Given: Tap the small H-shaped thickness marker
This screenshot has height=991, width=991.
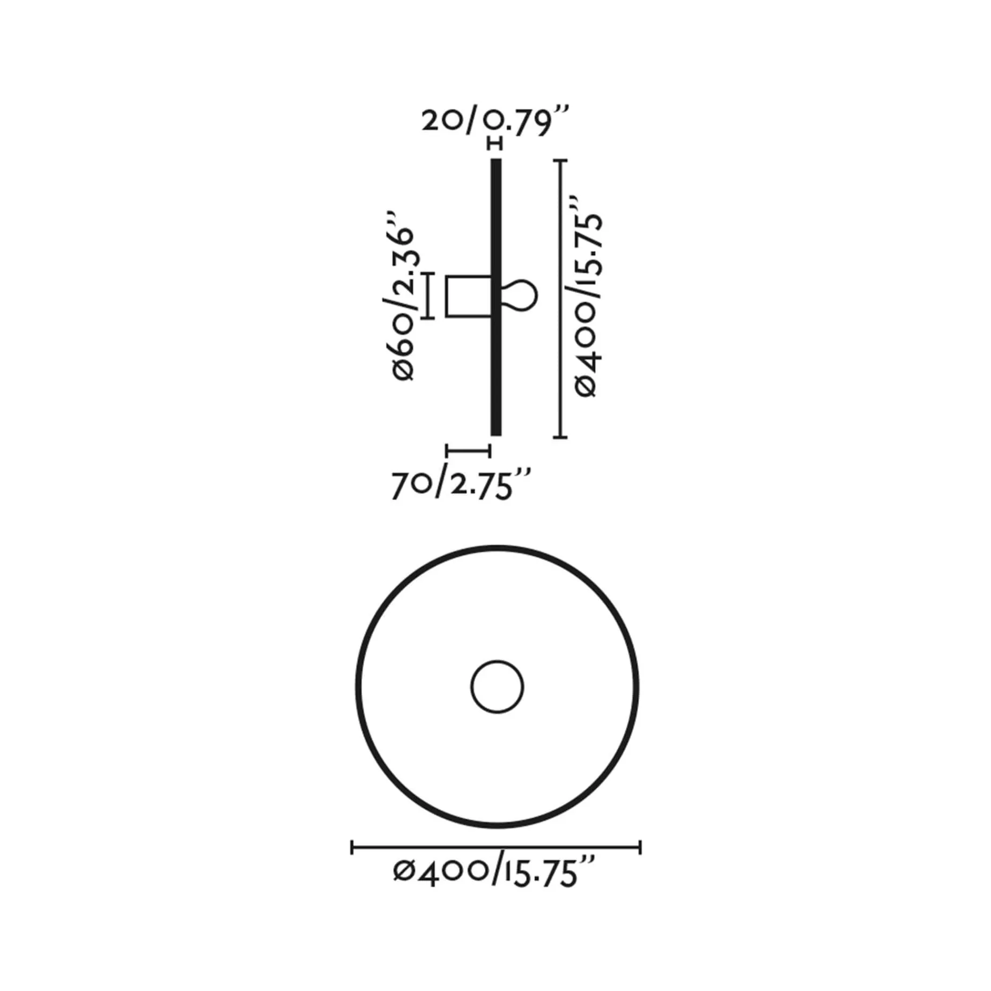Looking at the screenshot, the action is (x=496, y=144).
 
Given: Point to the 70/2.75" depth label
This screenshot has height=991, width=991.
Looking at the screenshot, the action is (x=461, y=486).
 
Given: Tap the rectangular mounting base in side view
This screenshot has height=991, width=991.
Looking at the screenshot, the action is (x=469, y=297).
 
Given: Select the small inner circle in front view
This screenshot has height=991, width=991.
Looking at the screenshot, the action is (x=497, y=687).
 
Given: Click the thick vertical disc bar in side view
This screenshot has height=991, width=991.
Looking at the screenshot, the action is (x=496, y=297).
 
